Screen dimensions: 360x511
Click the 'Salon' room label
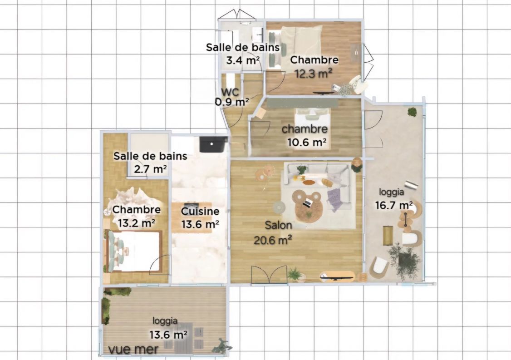tap(279, 225)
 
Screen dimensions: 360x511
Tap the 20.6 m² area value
tap(272, 239)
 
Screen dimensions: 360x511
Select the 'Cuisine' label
tap(200, 211)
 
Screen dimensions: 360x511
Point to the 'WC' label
tap(230, 91)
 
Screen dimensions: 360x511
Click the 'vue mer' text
tap(133, 349)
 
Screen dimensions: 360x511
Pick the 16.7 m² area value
tap(393, 205)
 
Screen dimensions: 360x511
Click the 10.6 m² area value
tap(307, 142)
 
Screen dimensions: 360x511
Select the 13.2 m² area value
tap(136, 223)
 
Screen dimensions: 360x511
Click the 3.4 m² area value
tap(243, 59)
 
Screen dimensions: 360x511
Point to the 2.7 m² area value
tap(150, 169)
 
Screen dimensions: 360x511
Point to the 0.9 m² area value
tap(231, 102)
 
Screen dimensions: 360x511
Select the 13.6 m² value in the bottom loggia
tap(168, 335)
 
